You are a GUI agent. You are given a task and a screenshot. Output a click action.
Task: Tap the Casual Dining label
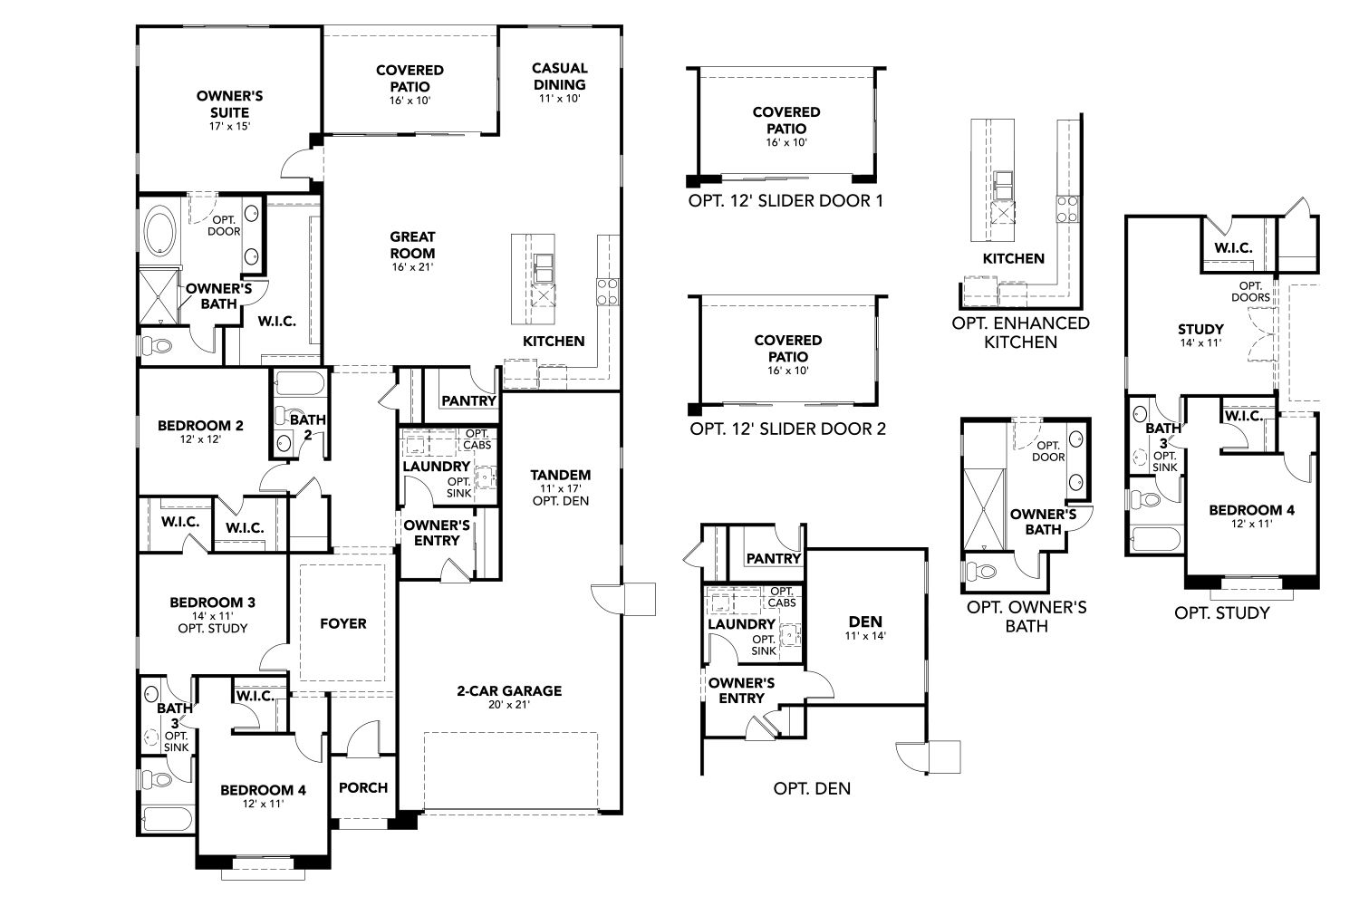click(559, 76)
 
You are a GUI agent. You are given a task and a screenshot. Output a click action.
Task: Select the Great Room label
click(412, 245)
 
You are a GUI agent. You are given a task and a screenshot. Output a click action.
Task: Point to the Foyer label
click(343, 623)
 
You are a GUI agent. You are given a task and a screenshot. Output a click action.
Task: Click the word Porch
click(362, 787)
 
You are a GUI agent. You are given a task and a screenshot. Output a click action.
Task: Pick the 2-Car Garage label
click(508, 691)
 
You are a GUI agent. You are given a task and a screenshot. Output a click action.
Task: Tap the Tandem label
click(561, 475)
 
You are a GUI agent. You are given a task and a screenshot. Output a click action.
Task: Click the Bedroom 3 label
click(213, 602)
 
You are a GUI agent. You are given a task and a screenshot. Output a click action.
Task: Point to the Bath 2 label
click(307, 426)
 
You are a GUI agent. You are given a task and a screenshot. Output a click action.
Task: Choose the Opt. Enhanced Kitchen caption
click(1020, 333)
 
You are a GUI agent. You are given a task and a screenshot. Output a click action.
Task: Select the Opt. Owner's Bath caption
click(1026, 616)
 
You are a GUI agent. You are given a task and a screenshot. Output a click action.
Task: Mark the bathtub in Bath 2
click(299, 385)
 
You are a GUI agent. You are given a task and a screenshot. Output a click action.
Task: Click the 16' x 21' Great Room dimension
click(412, 267)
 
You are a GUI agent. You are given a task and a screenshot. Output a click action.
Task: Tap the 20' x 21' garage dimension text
click(508, 707)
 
